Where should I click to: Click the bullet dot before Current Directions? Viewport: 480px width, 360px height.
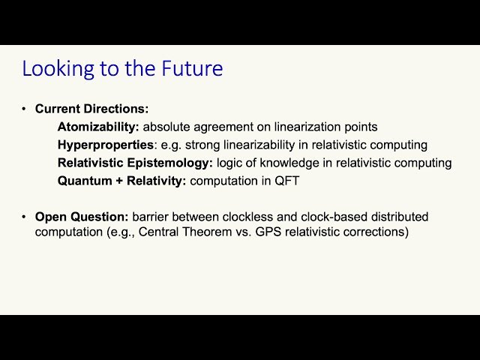(25, 109)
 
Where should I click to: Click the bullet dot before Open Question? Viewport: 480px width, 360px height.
(25, 217)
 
